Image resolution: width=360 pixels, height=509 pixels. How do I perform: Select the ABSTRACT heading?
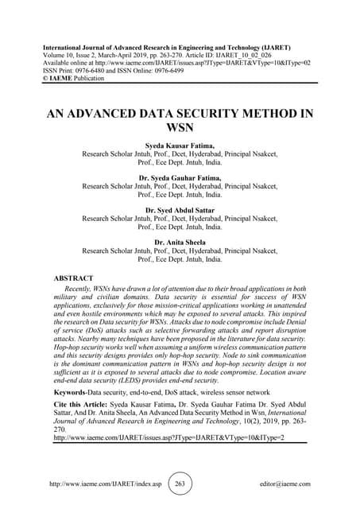pos(72,279)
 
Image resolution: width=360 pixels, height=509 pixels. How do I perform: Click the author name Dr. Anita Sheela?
pos(180,242)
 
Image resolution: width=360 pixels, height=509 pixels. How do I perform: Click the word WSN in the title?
pos(180,126)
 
